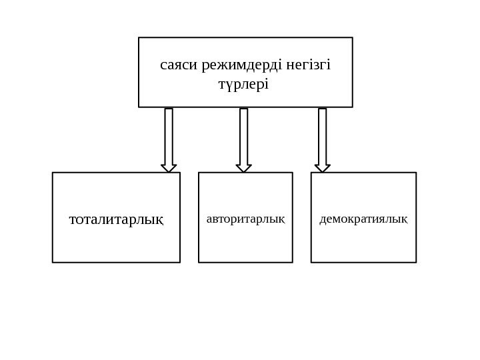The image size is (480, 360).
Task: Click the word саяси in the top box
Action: (175, 66)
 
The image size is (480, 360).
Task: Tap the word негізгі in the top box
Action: (308, 66)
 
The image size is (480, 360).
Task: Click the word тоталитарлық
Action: (116, 218)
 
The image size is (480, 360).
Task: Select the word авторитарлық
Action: (245, 218)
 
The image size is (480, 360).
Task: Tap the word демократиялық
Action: (363, 218)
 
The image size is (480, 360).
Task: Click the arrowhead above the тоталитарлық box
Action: (169, 168)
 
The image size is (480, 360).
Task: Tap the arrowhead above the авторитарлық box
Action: (244, 168)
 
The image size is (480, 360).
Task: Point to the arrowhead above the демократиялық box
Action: (323, 168)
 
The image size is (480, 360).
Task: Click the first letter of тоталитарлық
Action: (73, 219)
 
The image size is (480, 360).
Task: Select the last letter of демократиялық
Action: (405, 219)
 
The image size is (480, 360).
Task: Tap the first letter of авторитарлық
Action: (209, 219)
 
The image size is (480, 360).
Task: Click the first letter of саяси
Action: (163, 67)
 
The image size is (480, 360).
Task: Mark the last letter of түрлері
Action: (267, 85)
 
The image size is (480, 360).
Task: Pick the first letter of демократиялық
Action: (323, 219)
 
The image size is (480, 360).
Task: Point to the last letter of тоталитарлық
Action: (160, 219)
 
